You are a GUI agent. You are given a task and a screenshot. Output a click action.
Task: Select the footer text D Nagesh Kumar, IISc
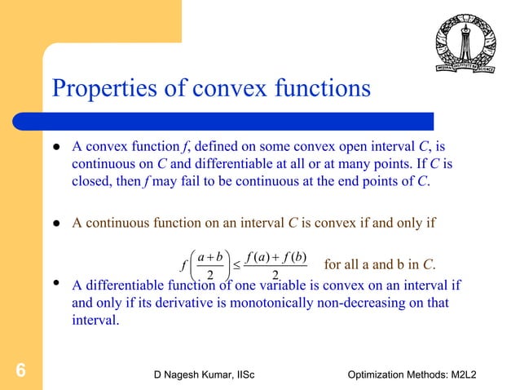tap(205, 374)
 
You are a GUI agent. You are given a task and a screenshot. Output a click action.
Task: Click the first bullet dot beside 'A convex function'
tap(58, 148)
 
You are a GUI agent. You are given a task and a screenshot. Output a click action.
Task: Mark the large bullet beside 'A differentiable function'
tap(58, 285)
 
